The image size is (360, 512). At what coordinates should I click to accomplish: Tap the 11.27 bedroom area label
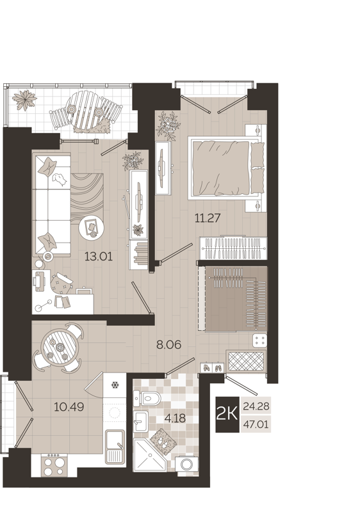click(x=208, y=218)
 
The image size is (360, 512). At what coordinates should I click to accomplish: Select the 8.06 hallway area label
click(x=169, y=344)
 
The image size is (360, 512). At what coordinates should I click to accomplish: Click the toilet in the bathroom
click(x=151, y=399)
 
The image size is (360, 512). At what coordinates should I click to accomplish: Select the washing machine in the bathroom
click(x=187, y=465)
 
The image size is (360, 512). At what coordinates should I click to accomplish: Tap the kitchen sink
click(x=115, y=445)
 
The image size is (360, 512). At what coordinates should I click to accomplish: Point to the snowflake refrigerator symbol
click(x=115, y=385)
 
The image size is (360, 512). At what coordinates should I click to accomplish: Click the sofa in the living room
click(x=51, y=205)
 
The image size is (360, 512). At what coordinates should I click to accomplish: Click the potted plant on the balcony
click(x=26, y=100)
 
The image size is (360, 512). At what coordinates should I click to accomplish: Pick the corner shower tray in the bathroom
click(x=150, y=460)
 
